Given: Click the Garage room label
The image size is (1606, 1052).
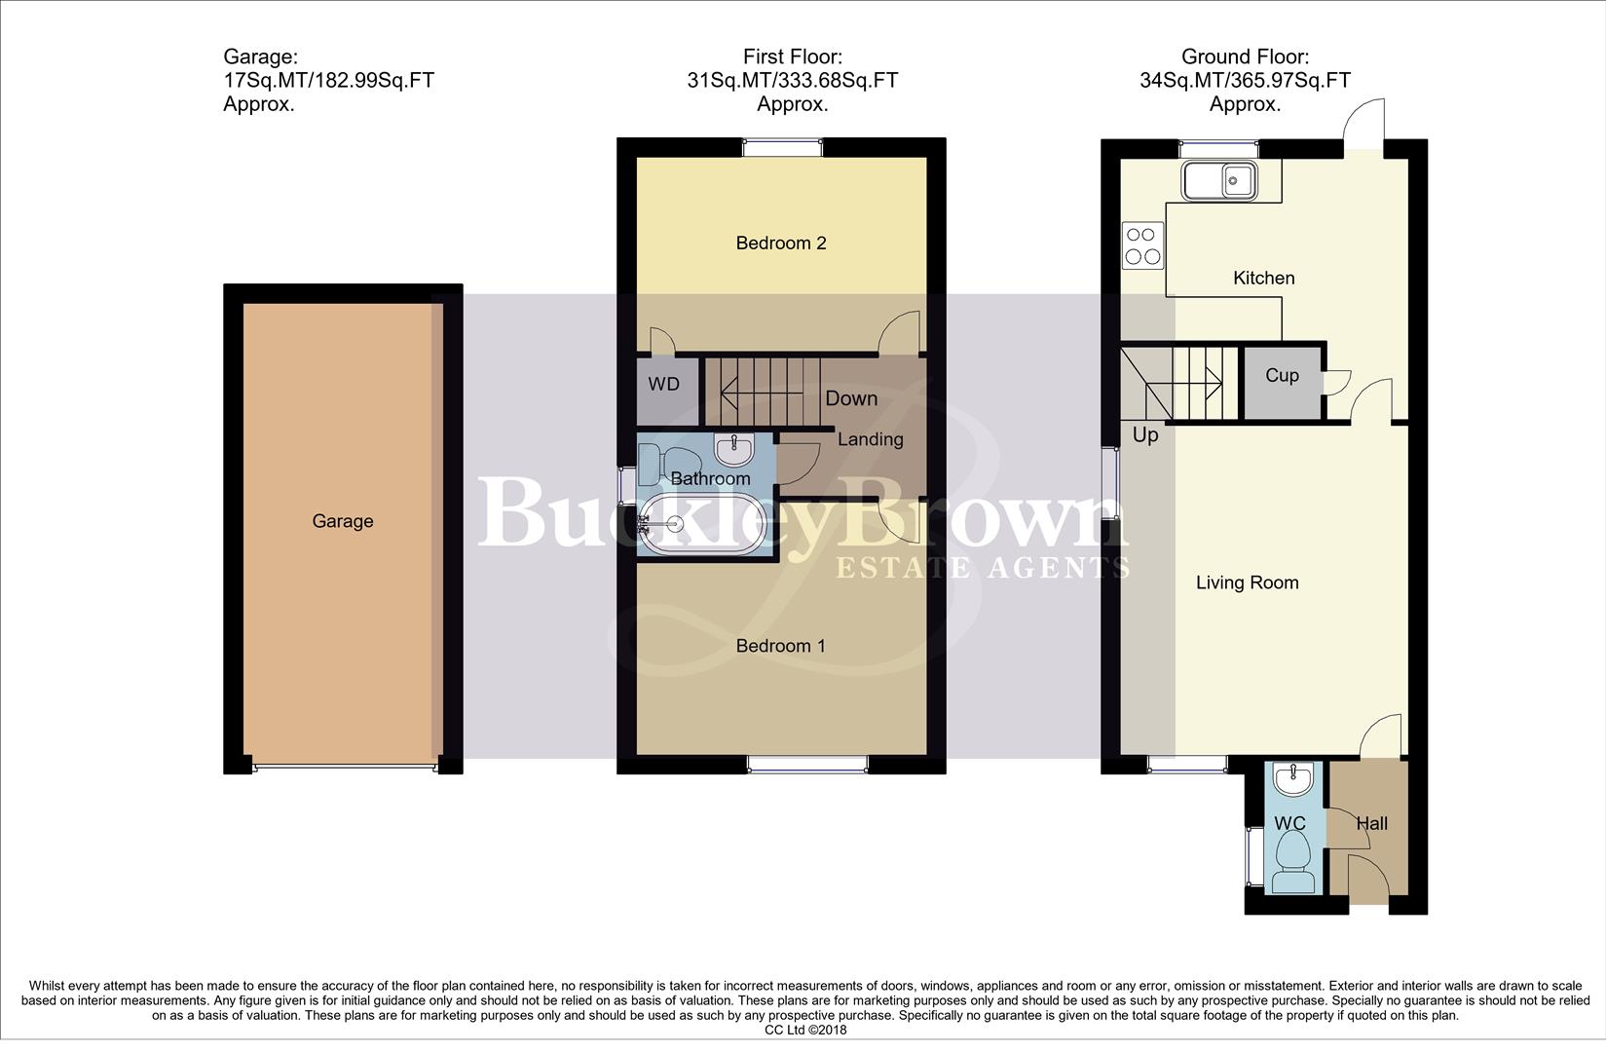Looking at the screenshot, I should [342, 521].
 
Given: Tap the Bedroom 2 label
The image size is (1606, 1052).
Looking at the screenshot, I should [780, 243].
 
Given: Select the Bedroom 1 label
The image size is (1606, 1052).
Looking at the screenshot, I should [780, 646].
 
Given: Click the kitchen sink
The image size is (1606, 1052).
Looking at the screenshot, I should [1219, 181].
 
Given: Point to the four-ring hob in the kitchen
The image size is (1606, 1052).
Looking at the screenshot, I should [1142, 245].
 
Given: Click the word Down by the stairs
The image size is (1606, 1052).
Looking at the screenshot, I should [851, 398].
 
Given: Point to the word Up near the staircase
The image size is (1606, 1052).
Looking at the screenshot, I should [1145, 434].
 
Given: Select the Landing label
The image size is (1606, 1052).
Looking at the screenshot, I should [870, 439].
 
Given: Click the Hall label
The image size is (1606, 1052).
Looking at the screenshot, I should [1371, 824].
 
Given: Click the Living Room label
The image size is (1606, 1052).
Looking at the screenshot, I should [1247, 582].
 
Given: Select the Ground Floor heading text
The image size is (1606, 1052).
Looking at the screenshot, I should [1245, 57].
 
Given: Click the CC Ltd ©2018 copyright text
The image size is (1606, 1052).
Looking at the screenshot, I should [804, 1030].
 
